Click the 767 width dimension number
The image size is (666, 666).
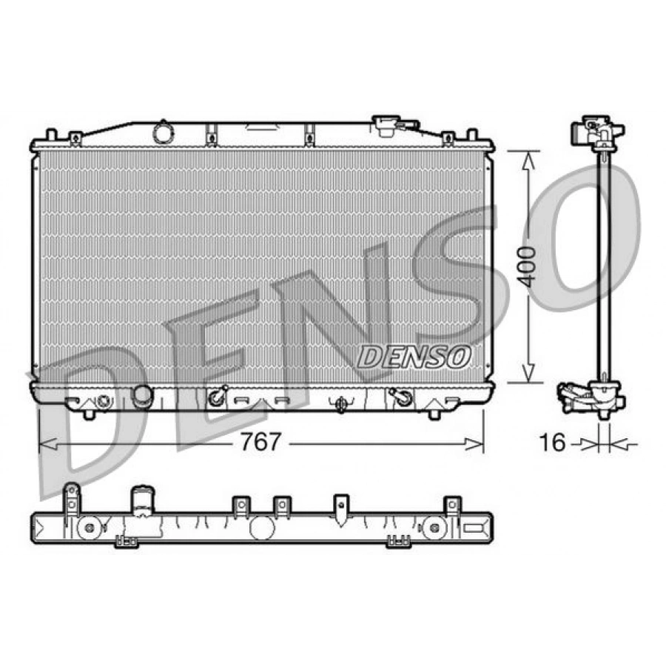click(260, 442)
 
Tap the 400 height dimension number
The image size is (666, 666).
click(527, 266)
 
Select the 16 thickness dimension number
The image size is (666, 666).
click(552, 443)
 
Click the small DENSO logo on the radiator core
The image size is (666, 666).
click(414, 357)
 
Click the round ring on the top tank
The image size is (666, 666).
click(163, 133)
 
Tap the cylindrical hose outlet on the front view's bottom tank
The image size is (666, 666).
click(141, 396)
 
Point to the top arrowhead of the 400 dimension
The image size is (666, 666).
click(528, 161)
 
